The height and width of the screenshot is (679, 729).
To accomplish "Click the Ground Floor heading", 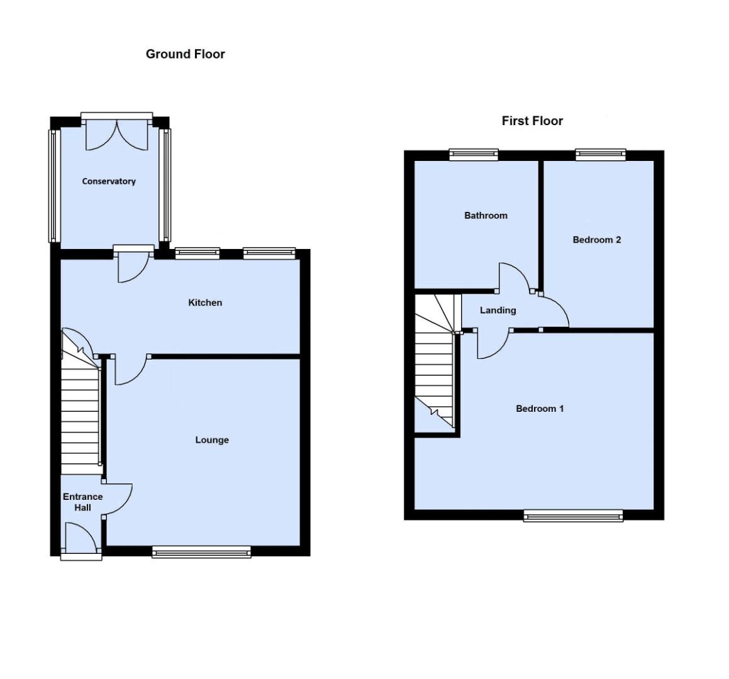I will pos(185,54).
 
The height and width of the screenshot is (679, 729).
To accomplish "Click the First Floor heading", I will pos(532,121).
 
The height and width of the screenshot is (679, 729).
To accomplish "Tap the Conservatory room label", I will pos(109,182).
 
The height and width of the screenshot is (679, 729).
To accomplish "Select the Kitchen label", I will pos(205,303).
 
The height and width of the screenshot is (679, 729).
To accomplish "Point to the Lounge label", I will pos(212,440).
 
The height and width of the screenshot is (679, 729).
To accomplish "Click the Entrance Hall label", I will pos(82,502).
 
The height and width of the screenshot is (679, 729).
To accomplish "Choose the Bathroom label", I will pos(486,216).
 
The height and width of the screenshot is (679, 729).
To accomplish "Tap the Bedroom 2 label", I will pos(597,240).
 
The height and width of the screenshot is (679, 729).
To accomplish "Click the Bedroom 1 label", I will pos(540,409).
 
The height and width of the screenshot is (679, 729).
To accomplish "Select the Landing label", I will pos(498,310).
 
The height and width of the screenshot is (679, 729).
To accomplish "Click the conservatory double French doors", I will pos(117,133).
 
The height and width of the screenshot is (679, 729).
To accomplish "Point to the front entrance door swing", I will pos(82,541).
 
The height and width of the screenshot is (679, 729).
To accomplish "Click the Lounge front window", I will pos(201,551).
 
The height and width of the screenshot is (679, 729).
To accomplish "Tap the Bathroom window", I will pos(474,155).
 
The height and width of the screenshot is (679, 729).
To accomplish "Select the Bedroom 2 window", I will pos(601,155).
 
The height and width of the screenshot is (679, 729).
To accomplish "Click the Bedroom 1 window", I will pos(573,516).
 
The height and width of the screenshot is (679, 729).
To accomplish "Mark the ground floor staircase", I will pos(81,415).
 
